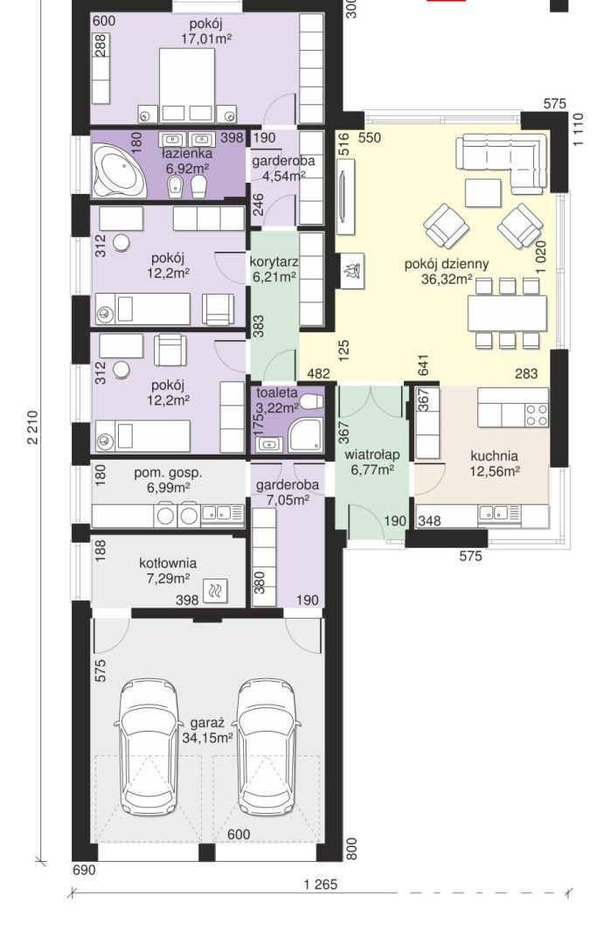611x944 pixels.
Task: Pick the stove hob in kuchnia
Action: (x=537, y=414)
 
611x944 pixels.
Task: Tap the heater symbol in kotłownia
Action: (x=214, y=593)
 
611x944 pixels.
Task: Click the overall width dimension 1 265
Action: (x=320, y=884)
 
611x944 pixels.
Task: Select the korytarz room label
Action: (x=274, y=261)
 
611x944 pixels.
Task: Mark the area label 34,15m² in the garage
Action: (x=208, y=738)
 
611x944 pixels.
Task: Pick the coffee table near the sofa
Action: (x=483, y=191)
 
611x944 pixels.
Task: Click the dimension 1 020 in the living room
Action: (x=542, y=258)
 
